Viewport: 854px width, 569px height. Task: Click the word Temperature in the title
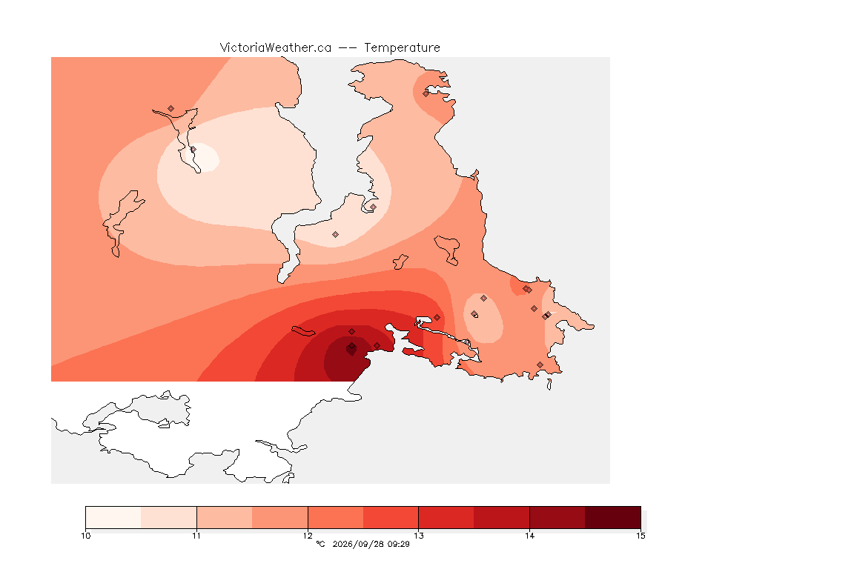point(402,48)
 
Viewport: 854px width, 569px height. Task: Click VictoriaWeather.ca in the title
point(276,48)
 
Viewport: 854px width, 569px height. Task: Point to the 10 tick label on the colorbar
point(86,536)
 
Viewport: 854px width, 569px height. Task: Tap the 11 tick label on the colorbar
point(196,536)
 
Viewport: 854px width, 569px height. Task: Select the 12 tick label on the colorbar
point(308,536)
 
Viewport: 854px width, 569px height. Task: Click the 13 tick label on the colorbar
point(418,536)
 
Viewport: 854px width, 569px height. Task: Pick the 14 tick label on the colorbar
point(529,536)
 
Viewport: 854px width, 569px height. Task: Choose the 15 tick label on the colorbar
point(640,536)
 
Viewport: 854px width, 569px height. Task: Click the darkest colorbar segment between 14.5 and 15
point(613,517)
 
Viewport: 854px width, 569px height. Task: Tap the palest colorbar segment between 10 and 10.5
point(113,517)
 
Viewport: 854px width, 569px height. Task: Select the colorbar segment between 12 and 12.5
point(336,517)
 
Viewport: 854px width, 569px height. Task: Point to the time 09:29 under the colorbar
point(398,544)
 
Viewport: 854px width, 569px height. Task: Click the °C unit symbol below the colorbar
point(321,544)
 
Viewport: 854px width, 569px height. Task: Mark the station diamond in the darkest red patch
point(352,346)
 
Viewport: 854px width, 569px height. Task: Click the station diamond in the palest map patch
point(193,149)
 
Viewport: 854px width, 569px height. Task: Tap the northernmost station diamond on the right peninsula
point(426,93)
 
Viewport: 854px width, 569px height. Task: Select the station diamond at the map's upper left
point(171,109)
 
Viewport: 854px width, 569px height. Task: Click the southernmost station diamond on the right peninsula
point(540,365)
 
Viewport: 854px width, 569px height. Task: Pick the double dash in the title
point(348,48)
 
